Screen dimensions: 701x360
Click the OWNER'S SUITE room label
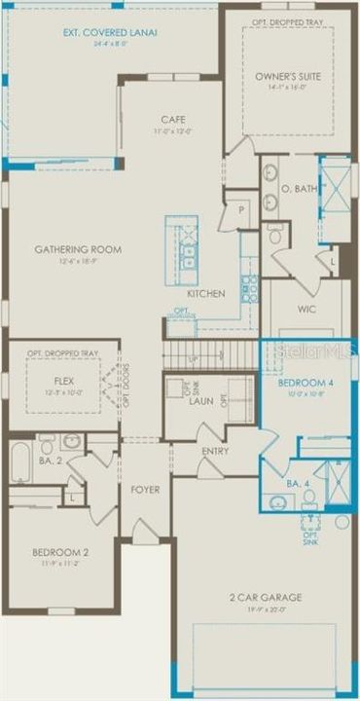click(x=281, y=74)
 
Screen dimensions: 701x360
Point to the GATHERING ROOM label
click(x=78, y=249)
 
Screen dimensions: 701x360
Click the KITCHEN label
click(x=206, y=293)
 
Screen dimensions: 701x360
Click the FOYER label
click(x=145, y=489)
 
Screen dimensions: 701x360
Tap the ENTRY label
click(x=216, y=452)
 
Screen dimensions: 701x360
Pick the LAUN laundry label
click(x=201, y=400)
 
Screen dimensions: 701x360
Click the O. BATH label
click(x=296, y=188)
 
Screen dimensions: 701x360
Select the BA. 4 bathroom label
click(x=298, y=482)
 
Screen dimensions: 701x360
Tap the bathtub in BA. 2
click(x=21, y=463)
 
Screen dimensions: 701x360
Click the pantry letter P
click(x=239, y=208)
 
